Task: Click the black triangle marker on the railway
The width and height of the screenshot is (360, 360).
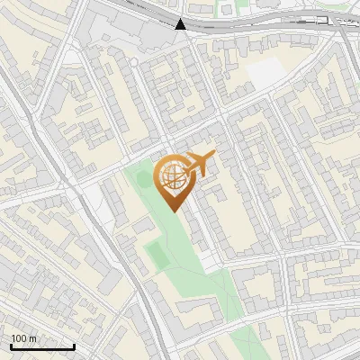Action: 181,24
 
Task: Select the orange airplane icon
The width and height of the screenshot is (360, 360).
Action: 199,164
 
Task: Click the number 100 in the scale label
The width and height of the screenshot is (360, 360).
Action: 19,338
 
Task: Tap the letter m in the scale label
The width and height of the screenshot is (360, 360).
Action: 33,338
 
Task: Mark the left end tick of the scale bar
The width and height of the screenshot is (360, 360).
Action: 11,346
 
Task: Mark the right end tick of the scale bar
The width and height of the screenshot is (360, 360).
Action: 74,346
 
